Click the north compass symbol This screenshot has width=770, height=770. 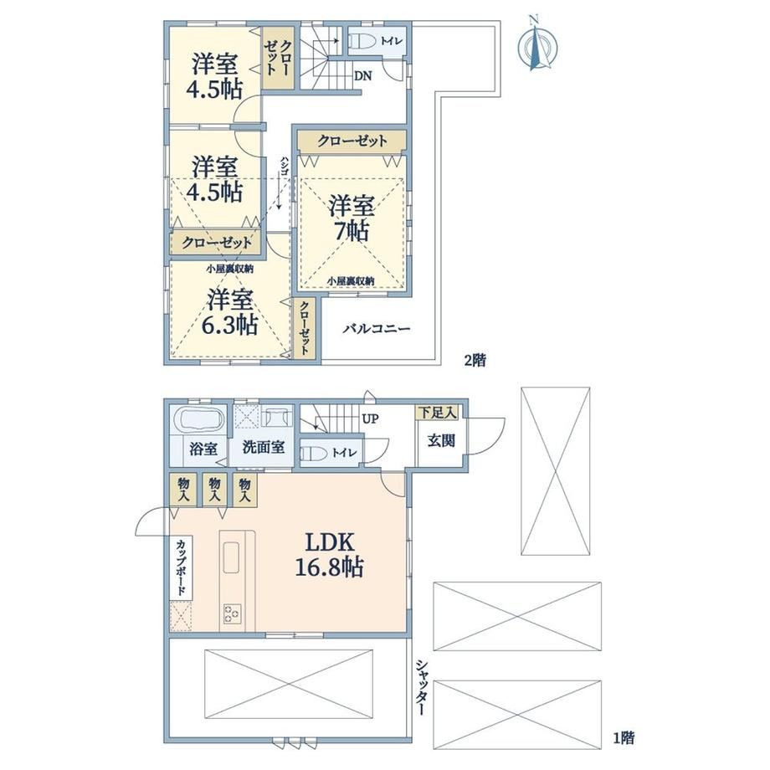(537, 45)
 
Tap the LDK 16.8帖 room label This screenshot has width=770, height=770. (329, 556)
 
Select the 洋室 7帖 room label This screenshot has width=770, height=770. (352, 218)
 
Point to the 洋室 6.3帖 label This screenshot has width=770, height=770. (230, 312)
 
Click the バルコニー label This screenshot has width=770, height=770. (376, 329)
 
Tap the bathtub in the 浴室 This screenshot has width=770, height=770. (202, 421)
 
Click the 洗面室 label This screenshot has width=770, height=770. (264, 448)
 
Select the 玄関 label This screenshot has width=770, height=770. (441, 441)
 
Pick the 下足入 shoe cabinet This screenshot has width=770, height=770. (437, 413)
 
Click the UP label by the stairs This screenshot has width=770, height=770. (370, 419)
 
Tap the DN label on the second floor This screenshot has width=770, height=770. (363, 76)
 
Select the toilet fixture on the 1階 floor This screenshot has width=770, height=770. (313, 453)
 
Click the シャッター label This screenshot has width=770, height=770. (421, 688)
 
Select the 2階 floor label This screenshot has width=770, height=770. (475, 361)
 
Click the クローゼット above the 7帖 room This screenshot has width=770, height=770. (352, 141)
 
